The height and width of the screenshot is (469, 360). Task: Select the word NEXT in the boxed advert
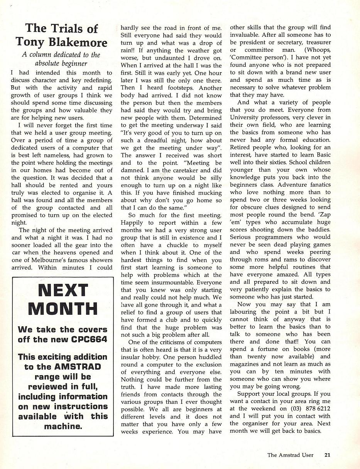(x=63, y=290)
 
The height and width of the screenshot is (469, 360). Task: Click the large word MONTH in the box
(x=63, y=309)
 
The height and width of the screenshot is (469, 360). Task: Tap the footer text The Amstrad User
(x=290, y=455)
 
